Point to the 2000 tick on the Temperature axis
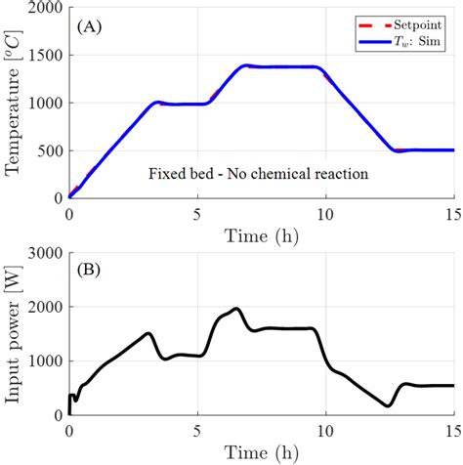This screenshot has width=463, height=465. [45, 9]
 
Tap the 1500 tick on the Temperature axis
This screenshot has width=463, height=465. [45, 56]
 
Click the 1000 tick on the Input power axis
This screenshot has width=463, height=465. [45, 361]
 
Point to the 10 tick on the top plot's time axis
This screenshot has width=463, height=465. [326, 212]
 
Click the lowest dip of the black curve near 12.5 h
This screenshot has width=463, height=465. [389, 405]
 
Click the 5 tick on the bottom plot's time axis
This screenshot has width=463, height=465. [197, 431]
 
